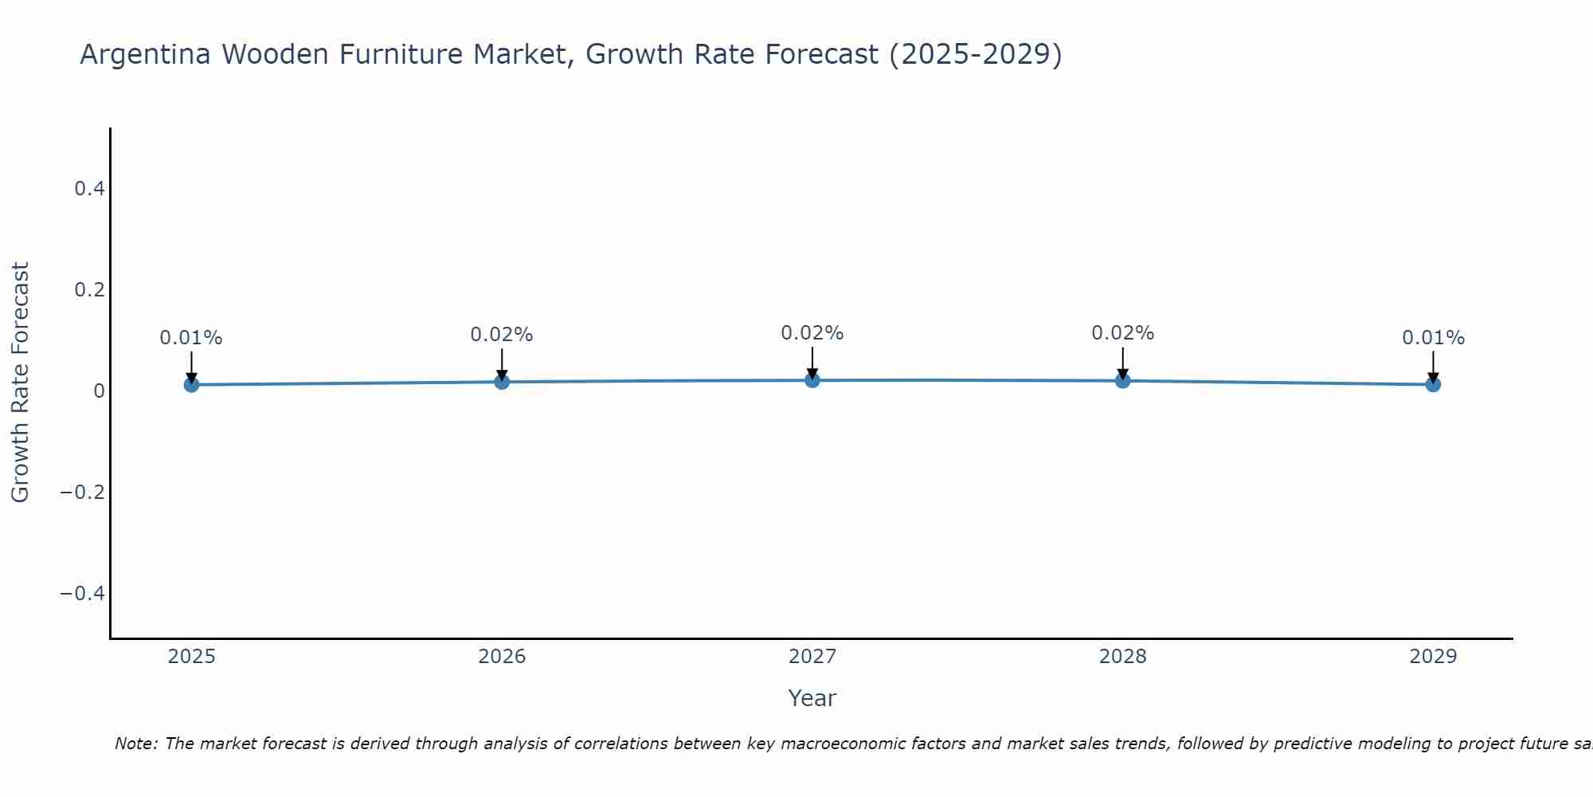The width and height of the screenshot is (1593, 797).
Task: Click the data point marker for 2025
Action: [x=191, y=385]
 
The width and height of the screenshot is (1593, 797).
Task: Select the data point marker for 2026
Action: [x=502, y=382]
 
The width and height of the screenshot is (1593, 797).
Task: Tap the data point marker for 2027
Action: [x=812, y=380]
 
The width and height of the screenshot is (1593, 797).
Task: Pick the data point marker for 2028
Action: [x=1122, y=381]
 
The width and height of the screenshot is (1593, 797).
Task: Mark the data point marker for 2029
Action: [x=1433, y=384]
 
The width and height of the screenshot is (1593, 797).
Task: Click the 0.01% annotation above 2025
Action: [x=191, y=338]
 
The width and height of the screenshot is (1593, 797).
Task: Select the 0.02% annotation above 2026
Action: [x=502, y=335]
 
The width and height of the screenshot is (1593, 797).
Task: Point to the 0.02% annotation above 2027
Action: [x=812, y=333]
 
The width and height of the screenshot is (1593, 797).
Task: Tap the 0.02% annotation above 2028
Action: [x=1122, y=333]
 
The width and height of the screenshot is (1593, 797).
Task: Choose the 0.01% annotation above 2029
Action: [x=1433, y=338]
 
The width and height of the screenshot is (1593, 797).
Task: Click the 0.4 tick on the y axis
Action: [x=89, y=189]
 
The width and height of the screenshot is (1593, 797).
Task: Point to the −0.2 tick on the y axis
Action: [x=82, y=493]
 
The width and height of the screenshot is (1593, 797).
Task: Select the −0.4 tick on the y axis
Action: [x=82, y=594]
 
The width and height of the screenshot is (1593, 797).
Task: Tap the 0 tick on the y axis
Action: [x=99, y=391]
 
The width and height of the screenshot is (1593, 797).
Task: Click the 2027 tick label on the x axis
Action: [x=812, y=657]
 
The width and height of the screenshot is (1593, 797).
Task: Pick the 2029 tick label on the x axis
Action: [x=1433, y=657]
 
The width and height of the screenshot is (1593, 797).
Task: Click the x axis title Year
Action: [x=812, y=698]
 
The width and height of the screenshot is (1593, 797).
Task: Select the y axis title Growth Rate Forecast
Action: [x=20, y=383]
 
